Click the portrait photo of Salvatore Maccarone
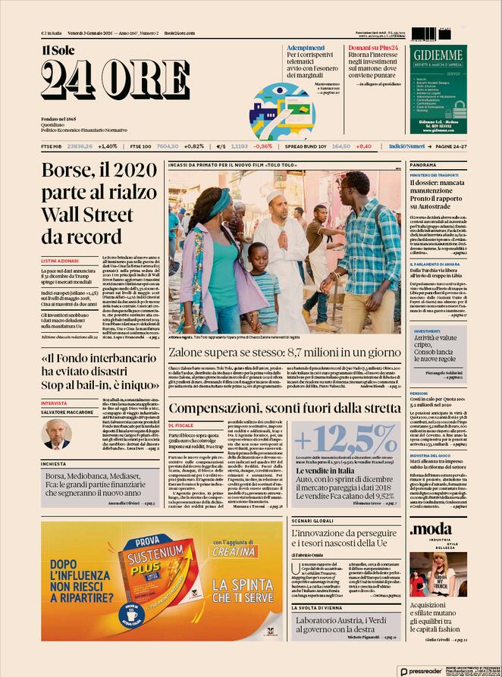(57, 434)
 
